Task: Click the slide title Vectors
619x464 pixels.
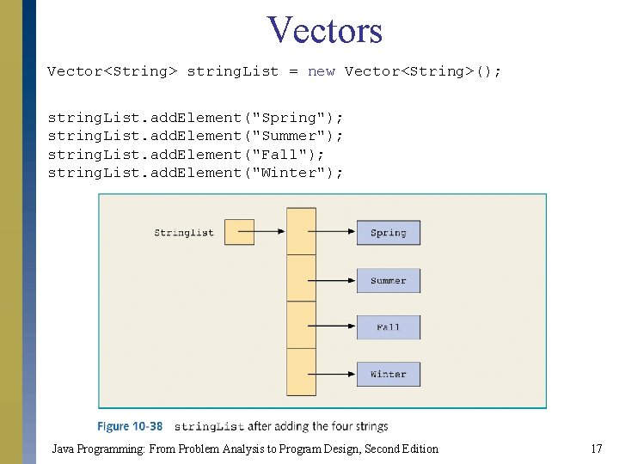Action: tap(324, 30)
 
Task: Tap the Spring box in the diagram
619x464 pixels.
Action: tap(388, 233)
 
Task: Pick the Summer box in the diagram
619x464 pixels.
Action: tap(388, 280)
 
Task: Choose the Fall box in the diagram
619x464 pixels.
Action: tap(388, 327)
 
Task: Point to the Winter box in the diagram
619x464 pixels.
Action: tap(388, 374)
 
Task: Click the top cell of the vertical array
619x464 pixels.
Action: tap(301, 232)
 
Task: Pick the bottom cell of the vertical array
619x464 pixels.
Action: tap(301, 371)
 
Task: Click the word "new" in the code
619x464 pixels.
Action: tap(321, 71)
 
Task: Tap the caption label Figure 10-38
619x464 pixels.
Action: tap(130, 426)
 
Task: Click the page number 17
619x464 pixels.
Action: tap(597, 449)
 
